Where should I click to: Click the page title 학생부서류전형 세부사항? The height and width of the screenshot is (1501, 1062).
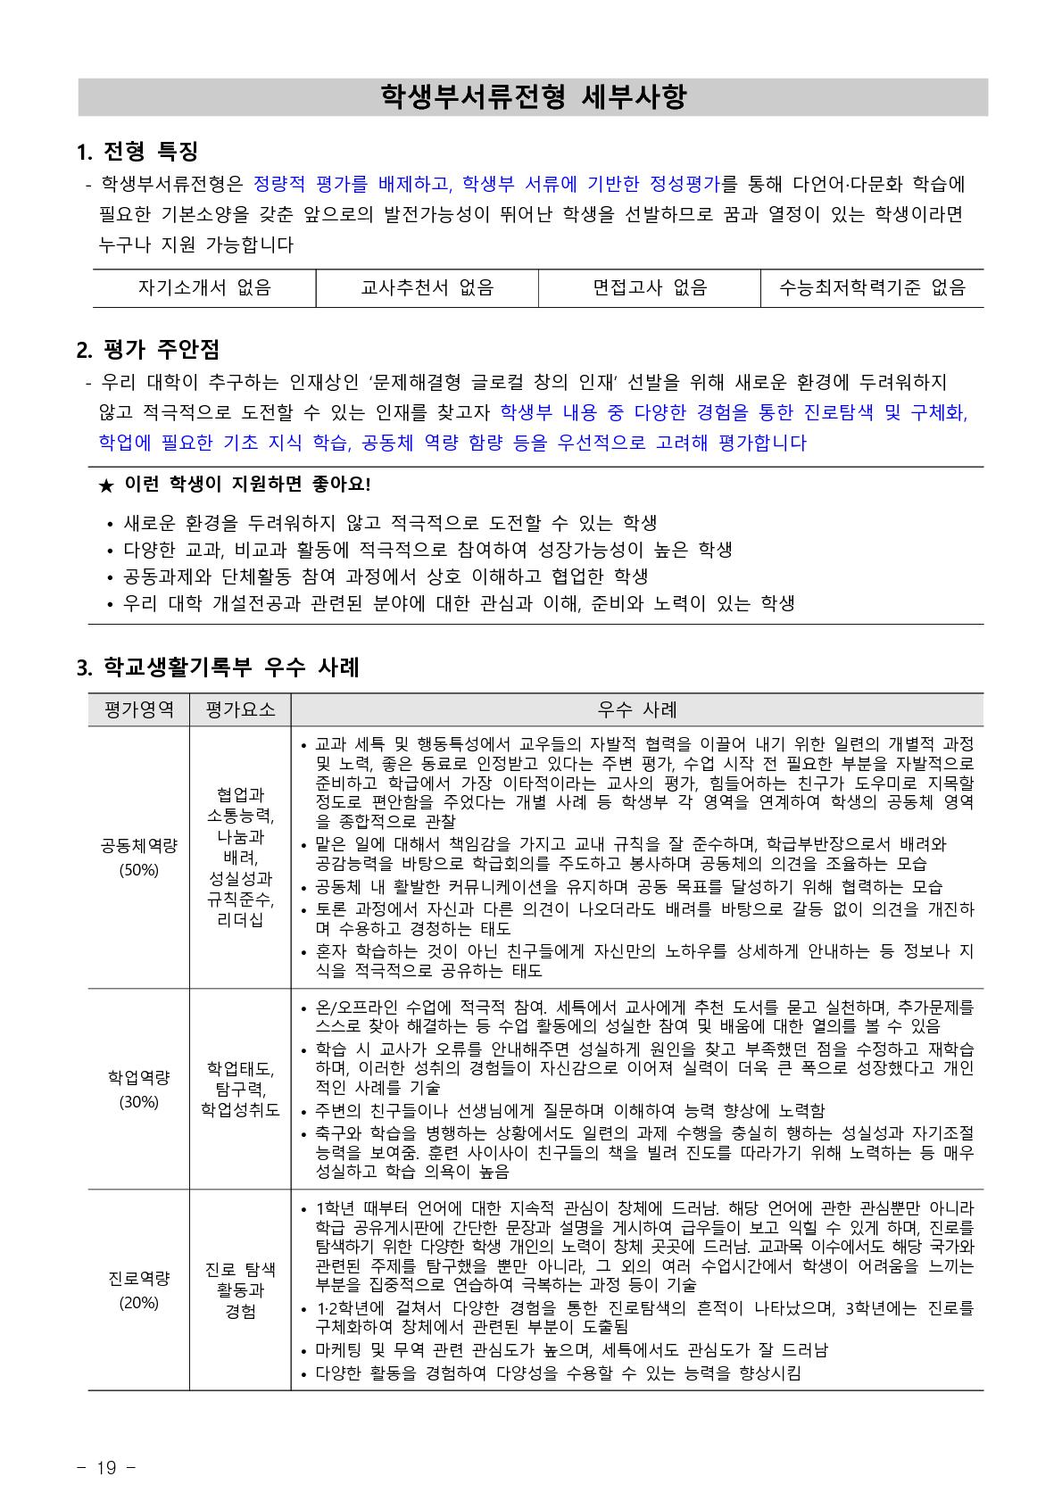click(x=533, y=96)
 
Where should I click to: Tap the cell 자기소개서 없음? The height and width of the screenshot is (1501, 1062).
click(x=204, y=287)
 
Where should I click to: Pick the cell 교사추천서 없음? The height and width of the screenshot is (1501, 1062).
click(x=427, y=287)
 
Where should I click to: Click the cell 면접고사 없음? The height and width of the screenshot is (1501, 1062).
click(x=650, y=287)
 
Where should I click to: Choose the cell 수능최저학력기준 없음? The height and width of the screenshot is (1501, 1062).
click(x=872, y=287)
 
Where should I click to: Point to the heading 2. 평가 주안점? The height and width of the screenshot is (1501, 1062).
click(x=148, y=348)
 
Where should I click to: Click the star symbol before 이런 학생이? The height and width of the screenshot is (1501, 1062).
click(x=106, y=485)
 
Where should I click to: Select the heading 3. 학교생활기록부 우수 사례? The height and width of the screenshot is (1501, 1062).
click(x=219, y=667)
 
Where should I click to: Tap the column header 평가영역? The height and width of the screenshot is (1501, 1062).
click(x=138, y=709)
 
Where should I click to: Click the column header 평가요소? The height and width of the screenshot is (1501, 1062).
click(x=240, y=709)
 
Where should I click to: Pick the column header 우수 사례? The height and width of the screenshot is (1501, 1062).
click(x=637, y=709)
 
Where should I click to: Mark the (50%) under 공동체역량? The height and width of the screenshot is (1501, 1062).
click(x=138, y=869)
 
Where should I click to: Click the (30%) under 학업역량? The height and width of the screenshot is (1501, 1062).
click(x=138, y=1101)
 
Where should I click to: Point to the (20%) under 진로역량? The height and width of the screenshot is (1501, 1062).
click(x=138, y=1302)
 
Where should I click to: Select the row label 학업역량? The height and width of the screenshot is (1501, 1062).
click(x=138, y=1077)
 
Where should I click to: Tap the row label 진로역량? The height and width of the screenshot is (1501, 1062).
click(x=138, y=1278)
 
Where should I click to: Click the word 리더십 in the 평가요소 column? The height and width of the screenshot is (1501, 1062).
click(x=240, y=920)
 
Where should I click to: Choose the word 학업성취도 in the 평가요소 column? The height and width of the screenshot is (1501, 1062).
click(x=240, y=1109)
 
